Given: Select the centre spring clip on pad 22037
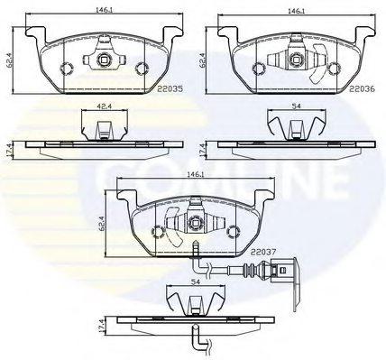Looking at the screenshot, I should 192,218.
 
